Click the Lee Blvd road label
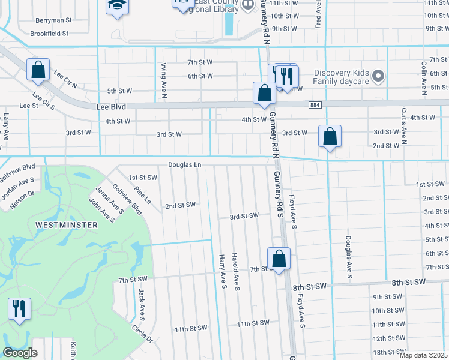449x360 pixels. (110, 106)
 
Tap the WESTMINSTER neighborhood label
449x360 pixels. (66, 224)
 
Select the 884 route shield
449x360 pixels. (315, 105)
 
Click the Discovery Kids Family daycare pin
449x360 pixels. (378, 76)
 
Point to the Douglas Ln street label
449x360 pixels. (184, 164)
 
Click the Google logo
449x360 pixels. (20, 353)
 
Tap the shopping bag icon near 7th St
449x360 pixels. (279, 259)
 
